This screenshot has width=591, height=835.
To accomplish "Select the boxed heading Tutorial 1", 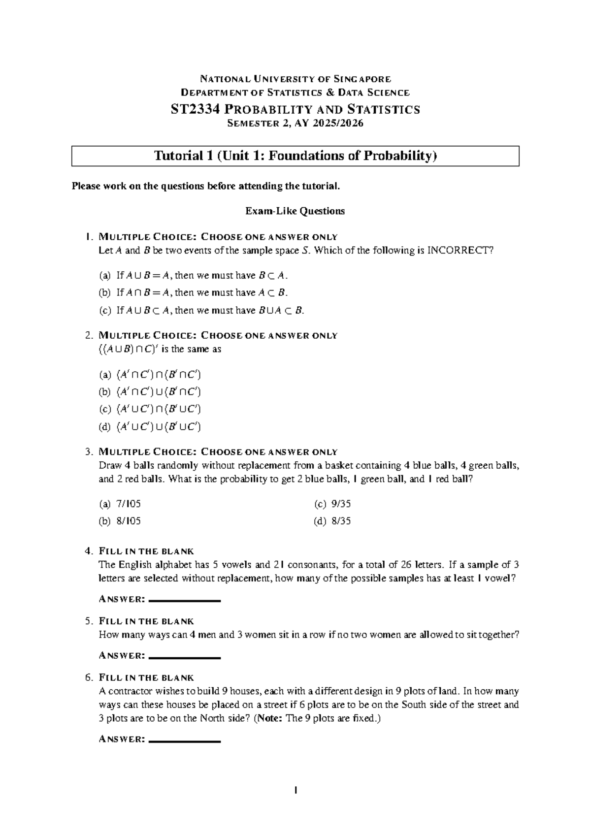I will tap(295, 156).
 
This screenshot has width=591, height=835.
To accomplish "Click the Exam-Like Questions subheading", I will tap(295, 211).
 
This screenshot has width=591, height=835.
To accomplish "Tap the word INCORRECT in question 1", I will tap(459, 251).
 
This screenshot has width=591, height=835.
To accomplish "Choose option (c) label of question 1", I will tap(105, 311).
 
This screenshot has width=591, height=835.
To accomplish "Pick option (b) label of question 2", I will tap(105, 392).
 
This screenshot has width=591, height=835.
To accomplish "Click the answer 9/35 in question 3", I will tap(341, 504).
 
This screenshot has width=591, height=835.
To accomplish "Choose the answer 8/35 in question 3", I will tap(341, 521).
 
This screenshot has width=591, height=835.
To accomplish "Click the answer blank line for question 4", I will tap(184, 601).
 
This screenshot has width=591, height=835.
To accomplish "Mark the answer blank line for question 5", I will tap(184, 657).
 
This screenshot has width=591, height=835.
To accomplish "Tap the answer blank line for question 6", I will tap(184, 741).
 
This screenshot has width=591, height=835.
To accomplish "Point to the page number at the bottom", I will tap(295, 791).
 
